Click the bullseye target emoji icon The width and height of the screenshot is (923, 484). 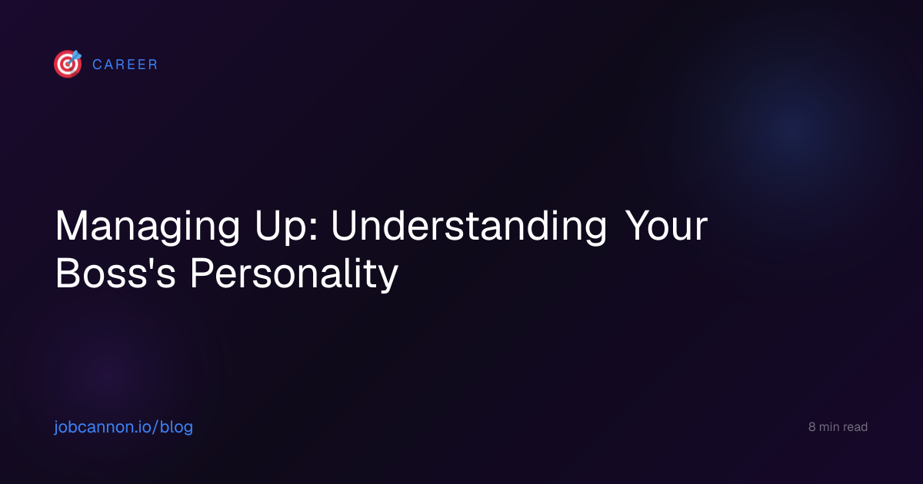[68, 64]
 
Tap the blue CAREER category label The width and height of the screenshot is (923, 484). [125, 65]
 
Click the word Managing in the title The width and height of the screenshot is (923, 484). [148, 227]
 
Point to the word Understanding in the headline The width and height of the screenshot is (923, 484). [469, 227]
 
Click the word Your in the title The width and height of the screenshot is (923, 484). [666, 226]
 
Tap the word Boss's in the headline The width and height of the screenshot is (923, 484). [116, 273]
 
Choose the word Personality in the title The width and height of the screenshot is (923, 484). [294, 274]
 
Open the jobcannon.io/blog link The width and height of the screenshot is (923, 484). [124, 427]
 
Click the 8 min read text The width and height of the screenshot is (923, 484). [838, 427]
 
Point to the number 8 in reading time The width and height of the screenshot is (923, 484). [811, 427]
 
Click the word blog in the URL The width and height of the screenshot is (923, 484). [176, 427]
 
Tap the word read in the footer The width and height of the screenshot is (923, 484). [855, 427]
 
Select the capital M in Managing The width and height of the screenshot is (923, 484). [71, 226]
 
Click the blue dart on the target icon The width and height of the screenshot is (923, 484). [75, 57]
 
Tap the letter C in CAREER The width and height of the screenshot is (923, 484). [98, 65]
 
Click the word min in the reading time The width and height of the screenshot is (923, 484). [829, 427]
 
